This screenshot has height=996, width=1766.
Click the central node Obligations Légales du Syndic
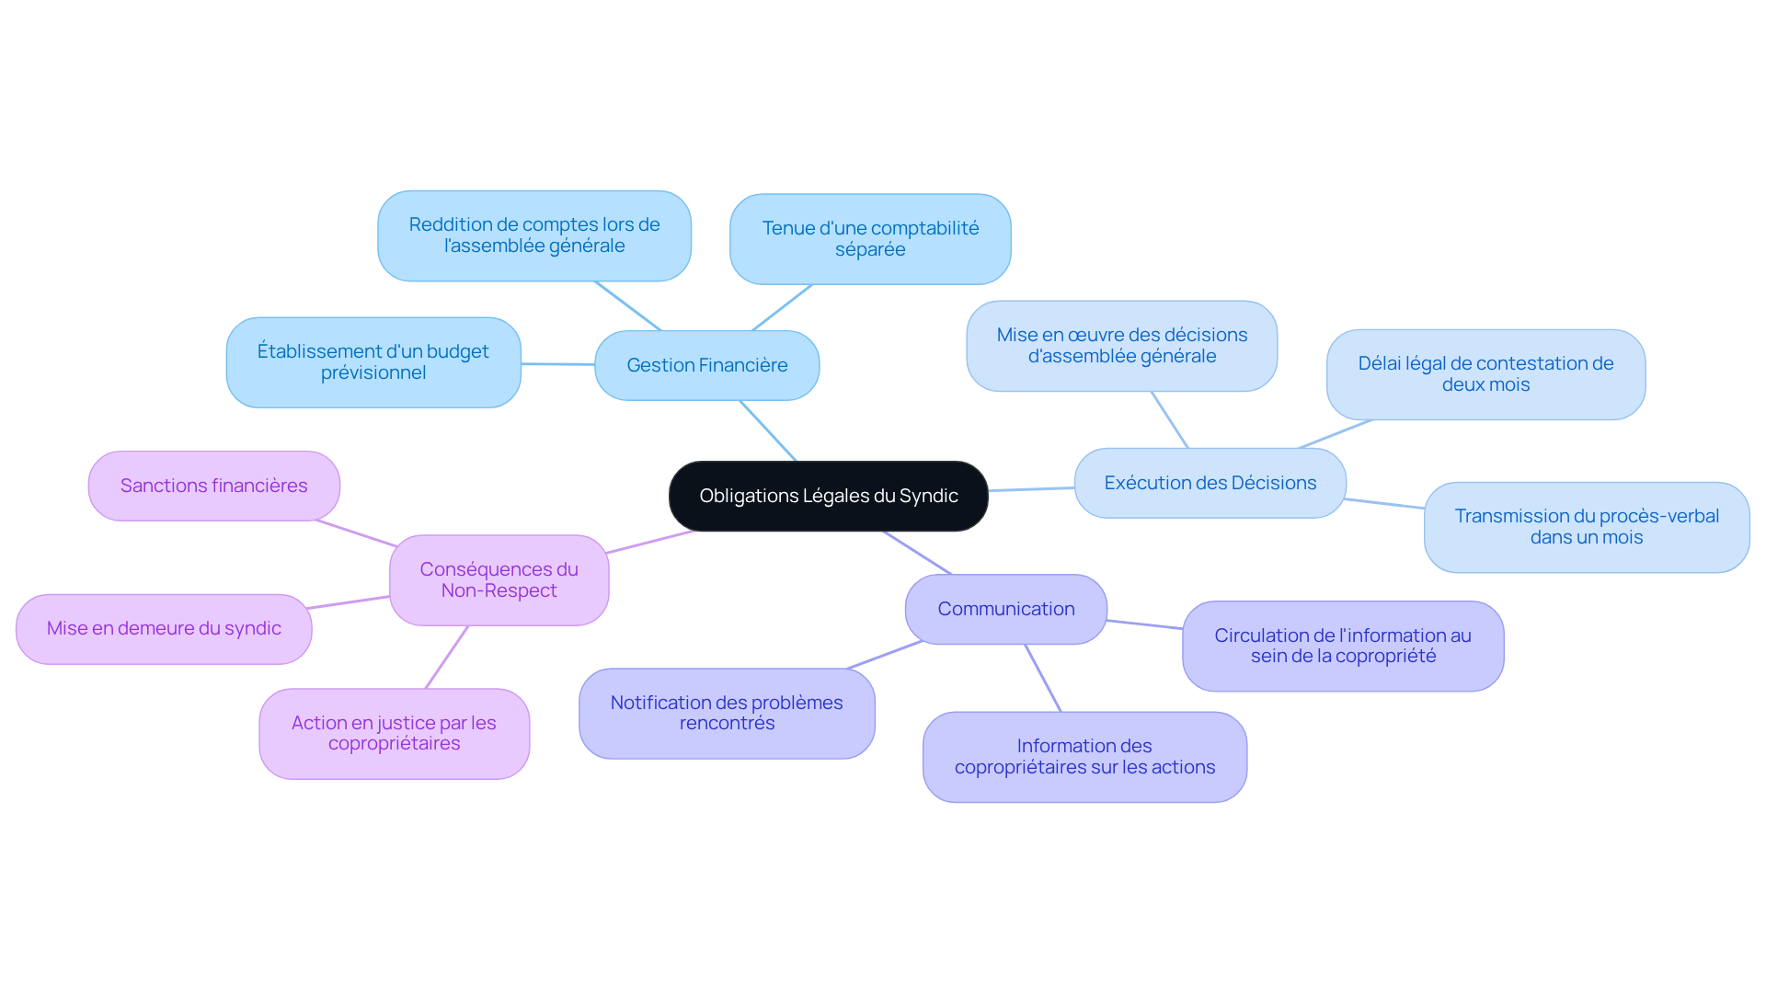point(828,496)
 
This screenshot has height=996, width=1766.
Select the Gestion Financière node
point(706,365)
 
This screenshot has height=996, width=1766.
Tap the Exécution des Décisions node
point(1210,483)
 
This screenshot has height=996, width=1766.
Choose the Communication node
point(1005,609)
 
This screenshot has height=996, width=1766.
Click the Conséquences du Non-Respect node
point(499,579)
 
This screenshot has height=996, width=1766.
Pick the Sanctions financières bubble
point(213,486)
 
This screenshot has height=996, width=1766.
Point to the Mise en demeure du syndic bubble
point(164,628)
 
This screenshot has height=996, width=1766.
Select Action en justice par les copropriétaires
point(394,733)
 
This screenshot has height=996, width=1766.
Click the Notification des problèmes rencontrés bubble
point(727,713)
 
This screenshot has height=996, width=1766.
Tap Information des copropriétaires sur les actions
point(1084,756)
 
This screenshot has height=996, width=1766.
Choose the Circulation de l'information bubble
point(1342,646)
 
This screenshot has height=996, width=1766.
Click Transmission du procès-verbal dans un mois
point(1586,527)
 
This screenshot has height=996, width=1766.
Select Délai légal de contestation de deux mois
point(1485,374)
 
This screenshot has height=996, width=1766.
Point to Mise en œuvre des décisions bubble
point(1121,346)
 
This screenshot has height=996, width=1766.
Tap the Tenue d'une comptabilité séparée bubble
point(870,238)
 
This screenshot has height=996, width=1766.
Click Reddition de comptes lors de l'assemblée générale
point(533,235)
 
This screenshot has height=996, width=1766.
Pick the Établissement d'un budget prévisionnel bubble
point(373,361)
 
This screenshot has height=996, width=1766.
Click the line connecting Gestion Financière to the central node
point(768,430)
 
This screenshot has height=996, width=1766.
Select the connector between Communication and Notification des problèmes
point(884,655)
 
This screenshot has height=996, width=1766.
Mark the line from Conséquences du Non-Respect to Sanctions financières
point(356,533)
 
